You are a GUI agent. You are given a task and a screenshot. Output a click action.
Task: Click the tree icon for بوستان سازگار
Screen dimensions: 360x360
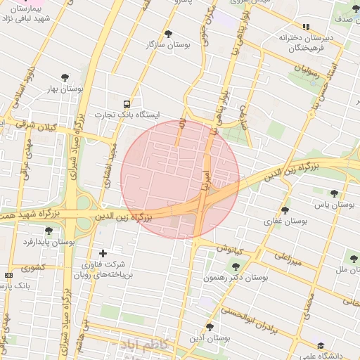167,33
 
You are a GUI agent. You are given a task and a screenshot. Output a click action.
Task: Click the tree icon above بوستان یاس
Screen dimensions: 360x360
333,193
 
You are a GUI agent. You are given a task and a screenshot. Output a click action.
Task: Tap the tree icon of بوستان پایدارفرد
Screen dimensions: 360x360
49,231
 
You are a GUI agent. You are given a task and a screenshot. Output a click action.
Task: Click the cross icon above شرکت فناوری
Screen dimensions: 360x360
103,253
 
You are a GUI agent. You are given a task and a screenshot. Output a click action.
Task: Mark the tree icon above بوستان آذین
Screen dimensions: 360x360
209,327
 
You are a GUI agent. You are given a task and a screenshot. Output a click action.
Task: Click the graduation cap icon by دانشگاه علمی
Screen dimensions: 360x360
321,346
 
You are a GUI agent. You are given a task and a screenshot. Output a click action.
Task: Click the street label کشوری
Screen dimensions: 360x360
32,267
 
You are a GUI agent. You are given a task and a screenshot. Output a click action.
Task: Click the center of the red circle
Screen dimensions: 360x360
180,179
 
